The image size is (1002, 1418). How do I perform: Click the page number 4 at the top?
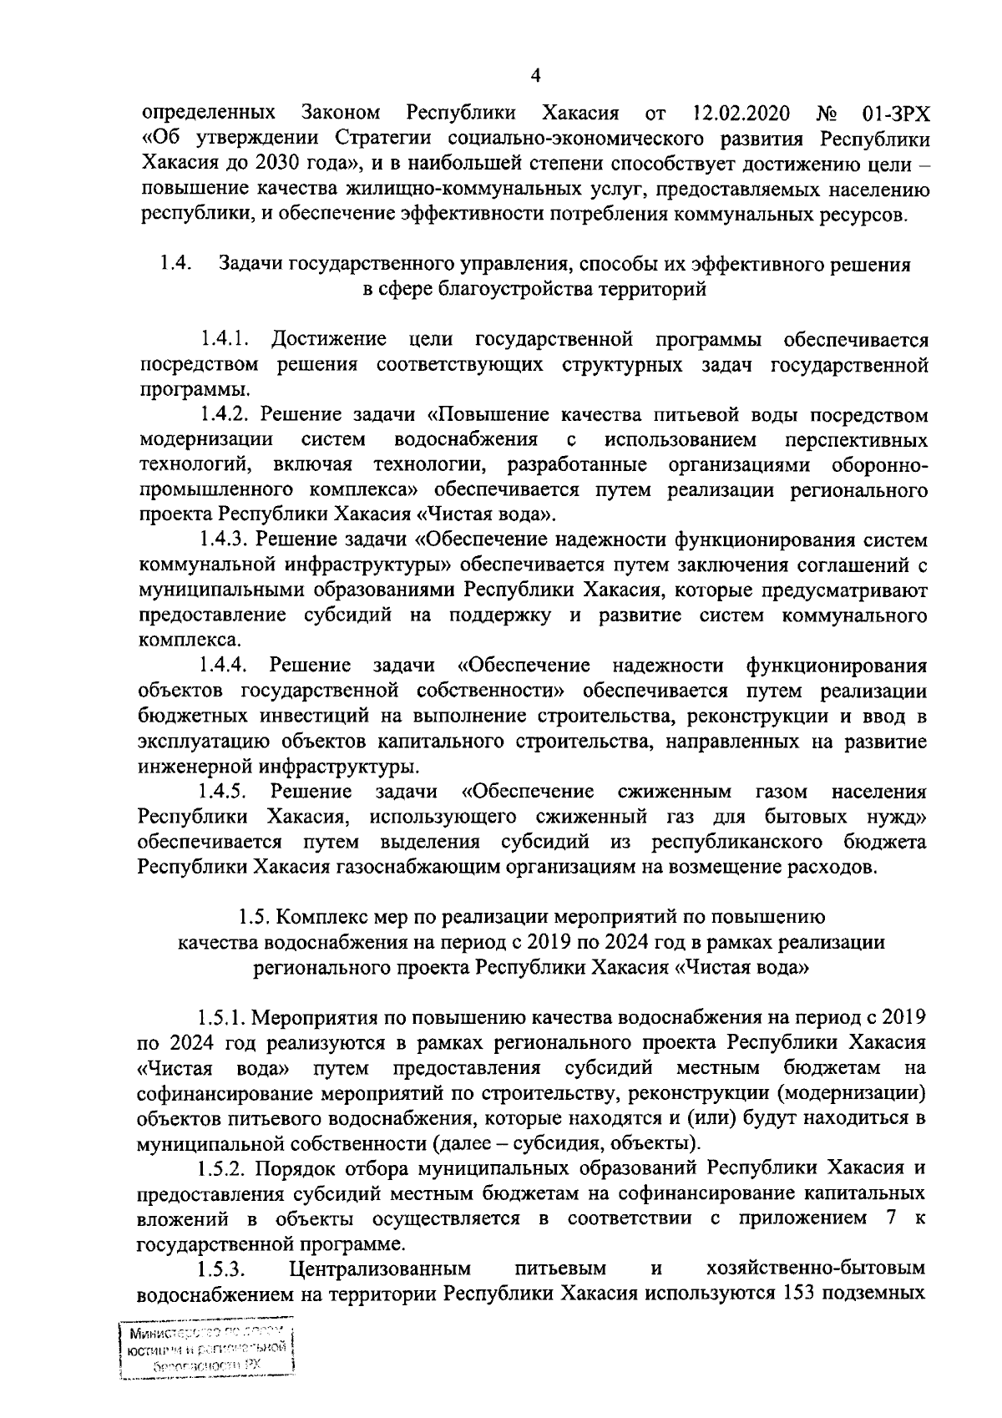point(536,76)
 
